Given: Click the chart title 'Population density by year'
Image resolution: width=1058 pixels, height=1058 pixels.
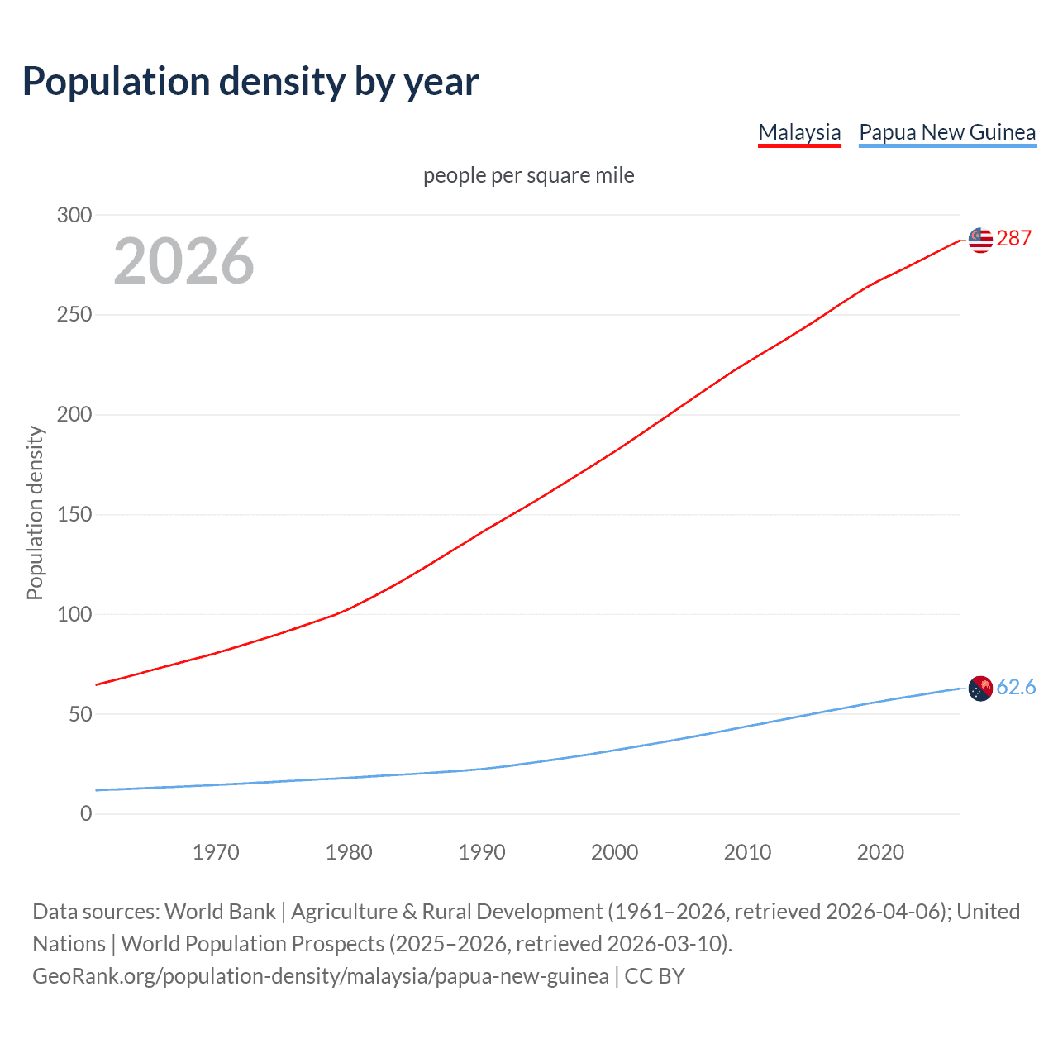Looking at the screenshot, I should [250, 81].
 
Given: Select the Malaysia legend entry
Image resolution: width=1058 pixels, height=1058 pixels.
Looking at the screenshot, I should [799, 132].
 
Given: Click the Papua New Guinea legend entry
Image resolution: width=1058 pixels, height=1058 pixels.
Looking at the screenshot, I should [947, 132].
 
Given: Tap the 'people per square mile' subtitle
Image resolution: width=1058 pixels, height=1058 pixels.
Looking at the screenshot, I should [528, 175].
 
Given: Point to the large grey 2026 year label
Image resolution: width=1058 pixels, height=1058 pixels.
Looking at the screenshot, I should [183, 261].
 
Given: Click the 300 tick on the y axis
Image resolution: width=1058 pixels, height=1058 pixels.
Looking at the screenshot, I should [74, 215].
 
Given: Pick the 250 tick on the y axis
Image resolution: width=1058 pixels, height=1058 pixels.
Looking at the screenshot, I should [74, 315].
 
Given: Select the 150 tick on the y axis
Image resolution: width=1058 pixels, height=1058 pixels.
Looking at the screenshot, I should [74, 514].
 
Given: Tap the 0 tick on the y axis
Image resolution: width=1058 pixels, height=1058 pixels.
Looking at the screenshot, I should [86, 813].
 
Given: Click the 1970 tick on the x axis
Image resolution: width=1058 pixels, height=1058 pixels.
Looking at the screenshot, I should [216, 852].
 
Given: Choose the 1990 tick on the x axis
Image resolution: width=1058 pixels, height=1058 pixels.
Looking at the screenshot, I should [482, 852].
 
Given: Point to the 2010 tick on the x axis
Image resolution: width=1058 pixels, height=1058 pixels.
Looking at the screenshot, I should [747, 852].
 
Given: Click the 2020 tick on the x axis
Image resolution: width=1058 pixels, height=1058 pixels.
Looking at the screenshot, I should [880, 852].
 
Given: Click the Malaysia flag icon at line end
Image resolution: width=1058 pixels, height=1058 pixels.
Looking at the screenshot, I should [980, 240].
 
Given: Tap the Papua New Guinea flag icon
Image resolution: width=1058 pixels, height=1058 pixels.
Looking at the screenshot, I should [980, 688].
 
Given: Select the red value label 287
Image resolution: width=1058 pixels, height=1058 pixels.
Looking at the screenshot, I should [1013, 239].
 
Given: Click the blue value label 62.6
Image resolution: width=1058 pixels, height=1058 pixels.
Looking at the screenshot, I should [1016, 688].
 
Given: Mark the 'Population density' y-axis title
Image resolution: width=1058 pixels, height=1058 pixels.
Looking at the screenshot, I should [35, 512].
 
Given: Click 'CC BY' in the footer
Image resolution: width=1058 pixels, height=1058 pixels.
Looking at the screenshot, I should [655, 976].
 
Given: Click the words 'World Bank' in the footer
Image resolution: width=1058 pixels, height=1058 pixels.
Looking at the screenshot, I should [220, 912].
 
